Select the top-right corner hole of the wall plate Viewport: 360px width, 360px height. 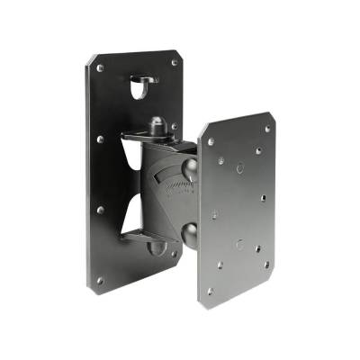coord(175,63)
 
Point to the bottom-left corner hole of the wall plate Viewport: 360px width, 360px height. coord(99,280)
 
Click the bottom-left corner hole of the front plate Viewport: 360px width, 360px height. coord(210,291)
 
